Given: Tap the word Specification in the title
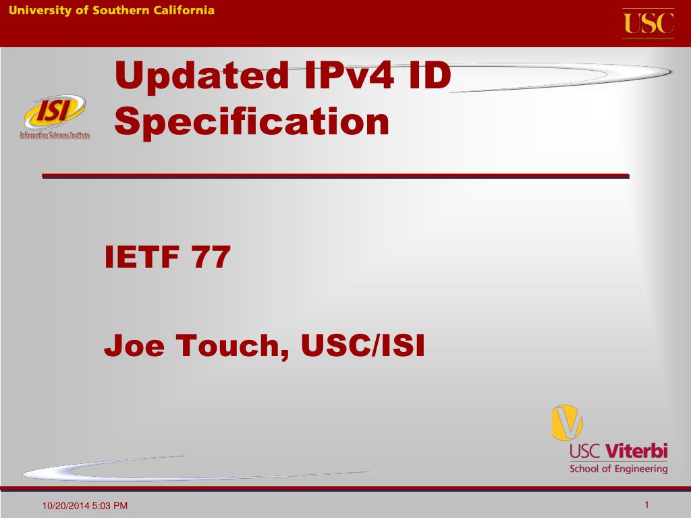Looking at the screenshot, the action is coord(252,123).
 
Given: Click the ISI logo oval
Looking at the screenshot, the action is coord(55,111).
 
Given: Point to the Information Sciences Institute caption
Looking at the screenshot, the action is coord(55,135).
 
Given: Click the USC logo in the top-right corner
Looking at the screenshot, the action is coord(648,24).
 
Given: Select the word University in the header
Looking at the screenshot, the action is coord(40,11).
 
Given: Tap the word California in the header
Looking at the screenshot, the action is coord(184,10).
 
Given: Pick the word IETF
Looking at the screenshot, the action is coord(142,257).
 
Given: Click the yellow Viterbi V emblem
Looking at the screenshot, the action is coord(567,423).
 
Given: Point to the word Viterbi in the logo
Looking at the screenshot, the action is coord(637,451).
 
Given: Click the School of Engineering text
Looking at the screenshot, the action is coord(618,469).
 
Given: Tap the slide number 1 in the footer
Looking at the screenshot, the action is coord(646,505).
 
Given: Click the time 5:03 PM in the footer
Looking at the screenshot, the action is coord(110,506).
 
